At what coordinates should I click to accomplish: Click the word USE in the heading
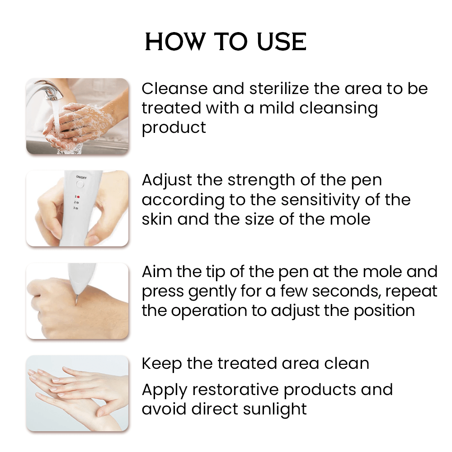tap(281, 42)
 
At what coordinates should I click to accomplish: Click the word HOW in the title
tap(174, 42)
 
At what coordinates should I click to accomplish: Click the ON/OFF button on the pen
tap(80, 184)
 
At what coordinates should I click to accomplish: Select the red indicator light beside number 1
tap(78, 197)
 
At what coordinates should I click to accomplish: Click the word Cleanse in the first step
tap(174, 88)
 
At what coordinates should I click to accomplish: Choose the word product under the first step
tap(174, 128)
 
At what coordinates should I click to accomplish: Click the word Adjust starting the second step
tap(167, 180)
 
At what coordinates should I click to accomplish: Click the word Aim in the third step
tap(157, 272)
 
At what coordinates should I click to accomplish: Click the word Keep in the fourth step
tap(162, 364)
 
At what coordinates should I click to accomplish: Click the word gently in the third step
tap(212, 292)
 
